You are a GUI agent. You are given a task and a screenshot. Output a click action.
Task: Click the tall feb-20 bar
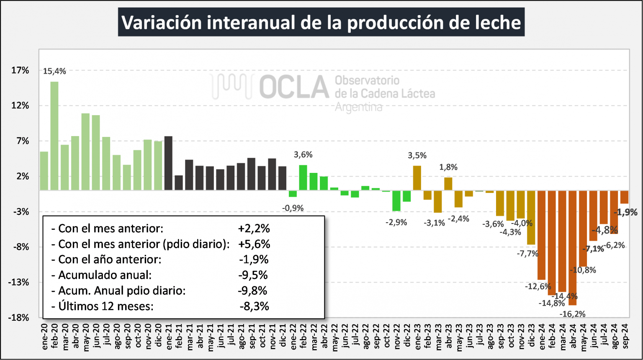pyautogui.click(x=54, y=136)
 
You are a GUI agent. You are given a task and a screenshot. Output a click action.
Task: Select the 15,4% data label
pyautogui.click(x=54, y=72)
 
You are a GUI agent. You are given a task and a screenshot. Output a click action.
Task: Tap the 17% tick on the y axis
pyautogui.click(x=20, y=70)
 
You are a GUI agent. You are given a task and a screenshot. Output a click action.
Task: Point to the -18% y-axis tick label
pyautogui.click(x=19, y=318)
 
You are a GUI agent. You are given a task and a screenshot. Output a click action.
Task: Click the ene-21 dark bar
pyautogui.click(x=168, y=163)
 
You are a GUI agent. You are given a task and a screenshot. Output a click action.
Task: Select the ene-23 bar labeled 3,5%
pyautogui.click(x=417, y=178)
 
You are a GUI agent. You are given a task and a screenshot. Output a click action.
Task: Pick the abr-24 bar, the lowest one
pyautogui.click(x=573, y=247)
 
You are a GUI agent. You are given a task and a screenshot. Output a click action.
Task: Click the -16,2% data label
pyautogui.click(x=573, y=314)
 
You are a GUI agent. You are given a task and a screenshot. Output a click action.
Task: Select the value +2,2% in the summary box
pyautogui.click(x=254, y=229)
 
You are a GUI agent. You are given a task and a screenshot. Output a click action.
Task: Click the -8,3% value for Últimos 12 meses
pyautogui.click(x=254, y=306)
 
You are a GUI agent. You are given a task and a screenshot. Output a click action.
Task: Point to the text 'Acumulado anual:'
pyautogui.click(x=105, y=275)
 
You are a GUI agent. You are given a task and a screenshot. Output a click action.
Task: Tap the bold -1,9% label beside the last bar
pyautogui.click(x=625, y=212)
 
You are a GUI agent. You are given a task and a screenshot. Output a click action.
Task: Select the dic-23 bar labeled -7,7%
pyautogui.click(x=531, y=217)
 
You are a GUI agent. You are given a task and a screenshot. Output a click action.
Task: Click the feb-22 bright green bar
pyautogui.click(x=303, y=177)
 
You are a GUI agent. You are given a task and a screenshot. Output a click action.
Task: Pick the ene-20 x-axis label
pyautogui.click(x=44, y=337)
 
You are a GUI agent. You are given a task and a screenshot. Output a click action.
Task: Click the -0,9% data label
pyautogui.click(x=293, y=208)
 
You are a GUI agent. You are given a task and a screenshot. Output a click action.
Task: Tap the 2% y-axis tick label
pyautogui.click(x=23, y=176)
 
